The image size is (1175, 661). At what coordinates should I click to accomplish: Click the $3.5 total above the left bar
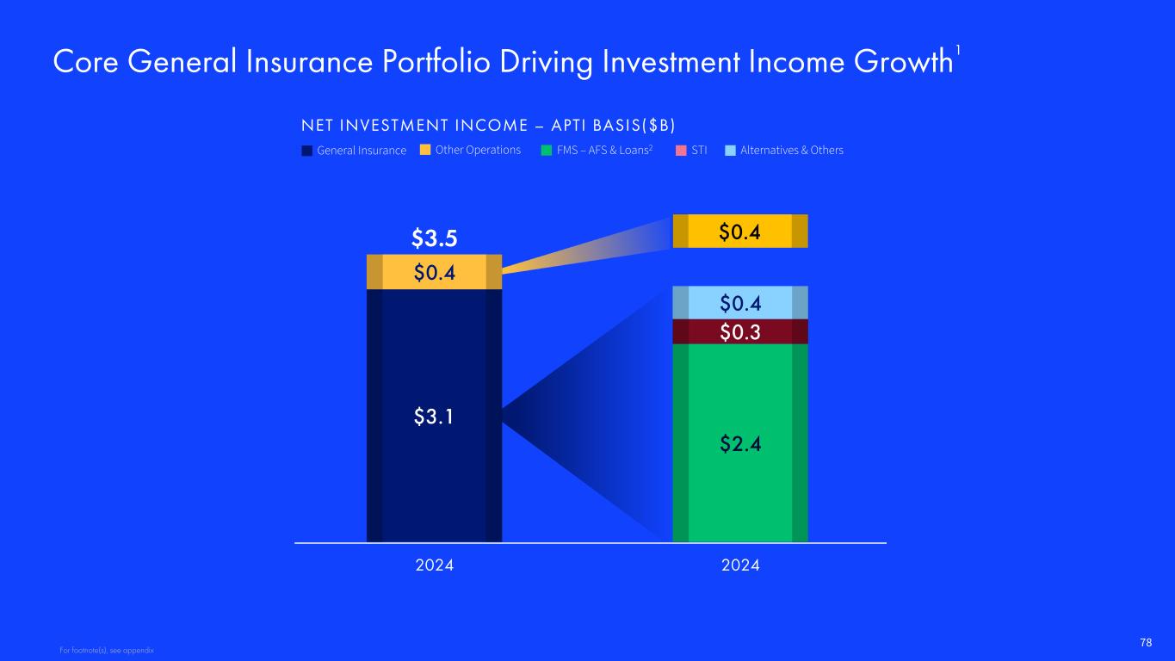[x=435, y=238]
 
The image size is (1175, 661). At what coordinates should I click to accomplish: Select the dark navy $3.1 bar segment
[x=435, y=416]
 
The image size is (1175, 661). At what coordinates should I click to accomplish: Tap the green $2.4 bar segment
[x=740, y=442]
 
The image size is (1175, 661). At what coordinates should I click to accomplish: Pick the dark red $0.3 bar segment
[x=740, y=331]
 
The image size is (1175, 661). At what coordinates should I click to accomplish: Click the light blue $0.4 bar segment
[x=740, y=303]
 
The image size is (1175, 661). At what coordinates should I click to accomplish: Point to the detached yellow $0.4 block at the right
[x=740, y=231]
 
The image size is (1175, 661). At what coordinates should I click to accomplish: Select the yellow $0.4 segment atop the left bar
[x=435, y=272]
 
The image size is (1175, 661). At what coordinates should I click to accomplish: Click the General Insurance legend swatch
[x=306, y=151]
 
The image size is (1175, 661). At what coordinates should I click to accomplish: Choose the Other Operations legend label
[x=478, y=150]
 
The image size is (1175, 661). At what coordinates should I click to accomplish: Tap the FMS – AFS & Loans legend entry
[x=597, y=150]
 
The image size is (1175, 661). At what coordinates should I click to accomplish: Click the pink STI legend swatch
[x=681, y=151]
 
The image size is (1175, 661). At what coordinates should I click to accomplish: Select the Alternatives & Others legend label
[x=792, y=150]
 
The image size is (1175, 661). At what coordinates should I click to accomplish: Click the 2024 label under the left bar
[x=435, y=565]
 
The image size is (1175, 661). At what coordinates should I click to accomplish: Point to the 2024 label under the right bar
[x=740, y=565]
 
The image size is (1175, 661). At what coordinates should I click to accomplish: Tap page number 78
[x=1146, y=643]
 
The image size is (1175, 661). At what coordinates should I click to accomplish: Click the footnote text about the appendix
[x=107, y=651]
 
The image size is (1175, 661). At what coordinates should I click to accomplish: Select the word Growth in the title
[x=903, y=62]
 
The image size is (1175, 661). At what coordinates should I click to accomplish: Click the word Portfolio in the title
[x=436, y=62]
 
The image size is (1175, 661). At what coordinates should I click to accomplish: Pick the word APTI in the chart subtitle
[x=568, y=126]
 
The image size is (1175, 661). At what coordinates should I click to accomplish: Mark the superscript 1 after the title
[x=957, y=51]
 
